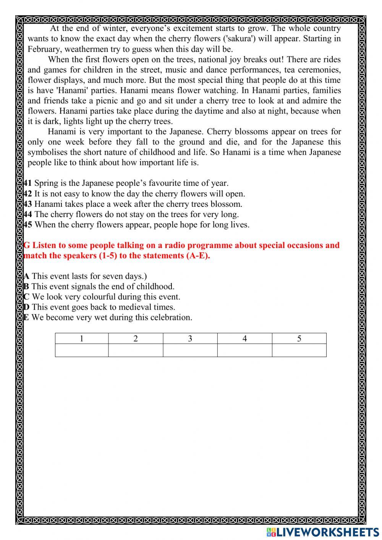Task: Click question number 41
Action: click(28, 183)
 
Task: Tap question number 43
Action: click(28, 204)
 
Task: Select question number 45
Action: click(28, 225)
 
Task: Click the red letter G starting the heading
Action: click(27, 245)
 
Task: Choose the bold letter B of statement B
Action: click(26, 287)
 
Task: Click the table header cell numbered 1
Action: click(81, 339)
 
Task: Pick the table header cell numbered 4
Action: click(244, 339)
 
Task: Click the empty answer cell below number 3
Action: click(190, 350)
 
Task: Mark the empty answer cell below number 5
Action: click(299, 350)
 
